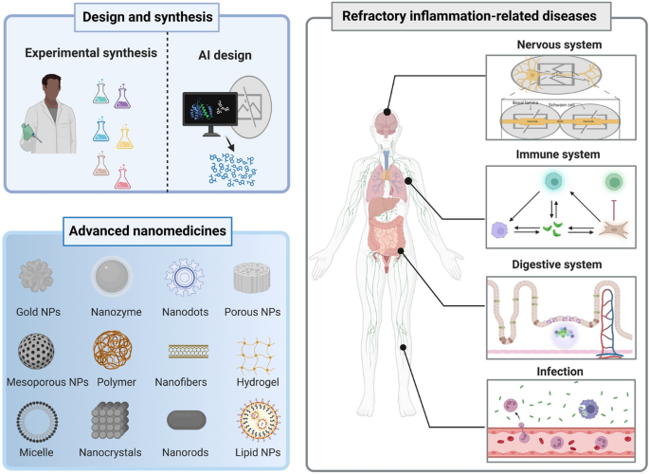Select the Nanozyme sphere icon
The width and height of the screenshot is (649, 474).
point(113,276)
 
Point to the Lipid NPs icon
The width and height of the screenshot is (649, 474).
point(256,420)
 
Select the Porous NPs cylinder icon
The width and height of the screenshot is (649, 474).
point(256,276)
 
